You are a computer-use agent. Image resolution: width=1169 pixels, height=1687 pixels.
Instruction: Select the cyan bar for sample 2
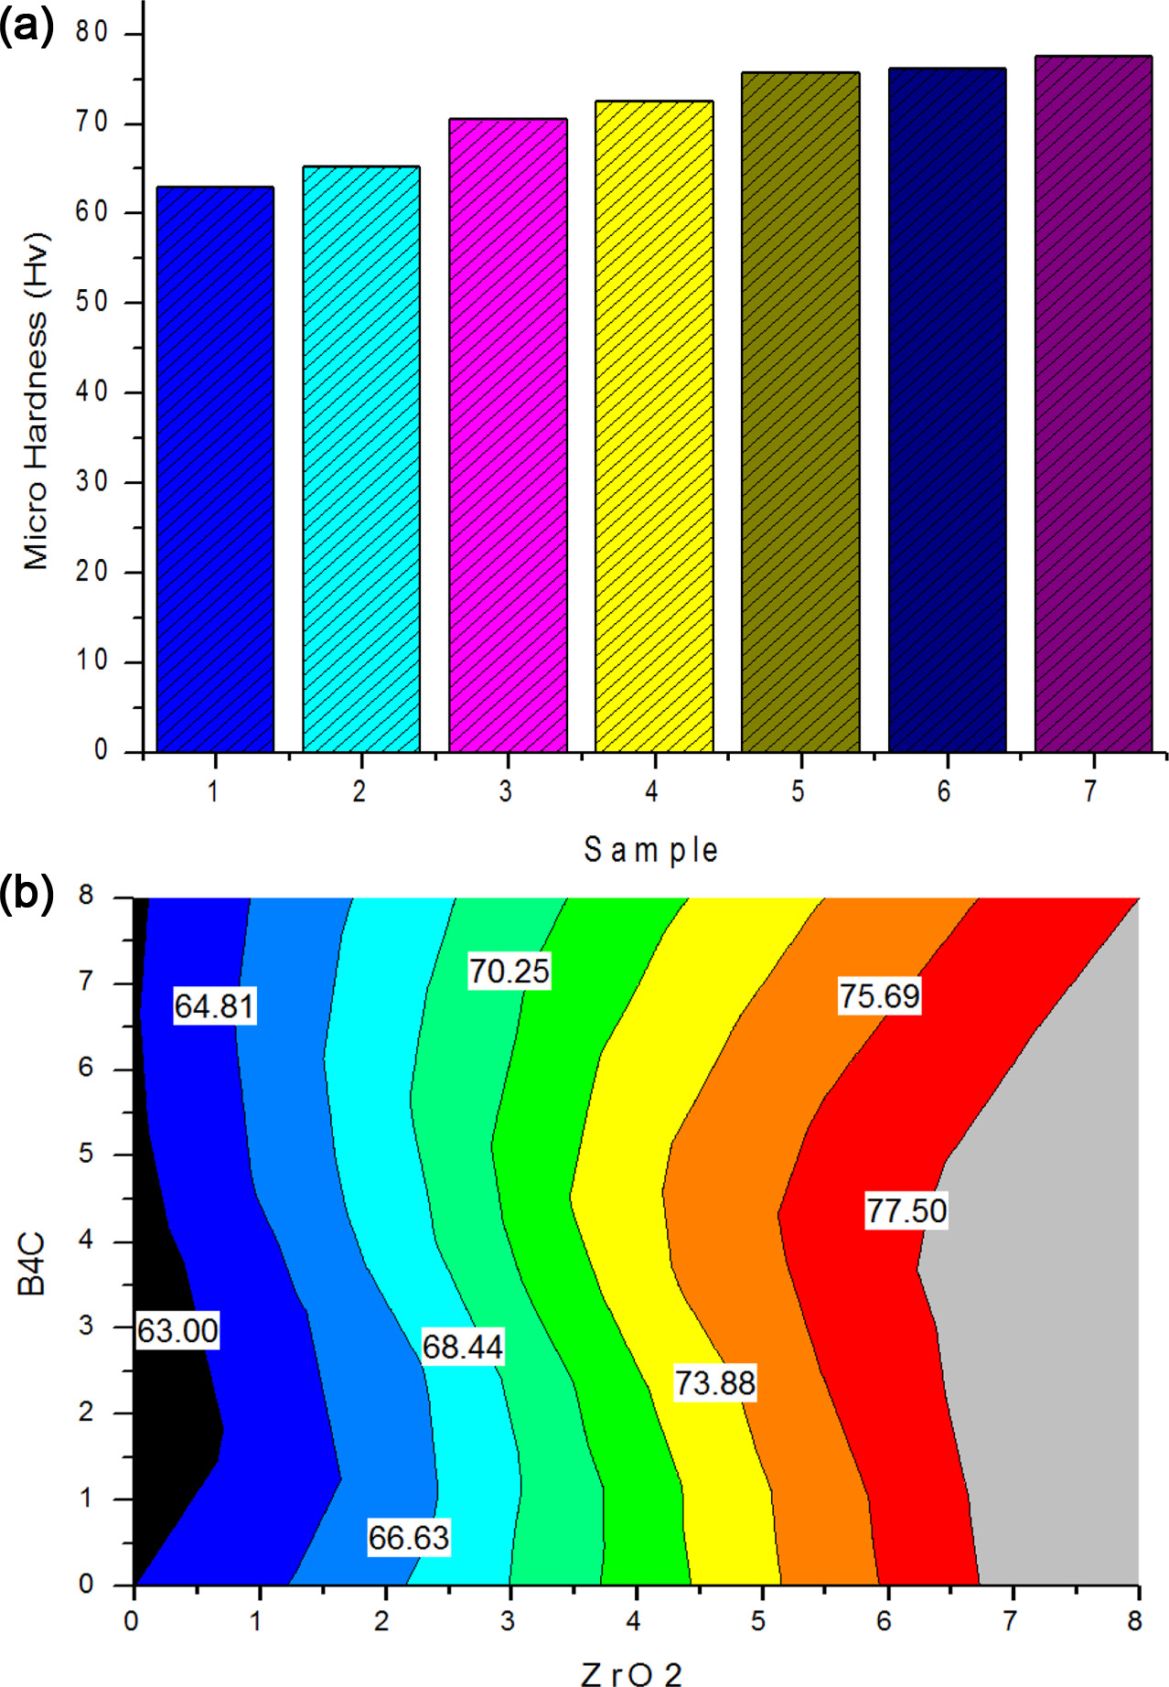pos(361,459)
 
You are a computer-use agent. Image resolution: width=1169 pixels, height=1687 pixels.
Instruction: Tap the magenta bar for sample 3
pos(508,435)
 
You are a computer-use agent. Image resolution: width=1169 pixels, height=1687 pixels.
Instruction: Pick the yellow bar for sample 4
pos(654,426)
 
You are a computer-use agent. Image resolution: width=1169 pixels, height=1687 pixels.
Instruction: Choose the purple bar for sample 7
pos(1093,403)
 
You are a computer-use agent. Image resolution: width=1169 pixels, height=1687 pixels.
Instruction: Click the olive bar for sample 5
pos(800,412)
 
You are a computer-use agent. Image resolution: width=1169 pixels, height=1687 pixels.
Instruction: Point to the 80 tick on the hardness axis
pos(92,33)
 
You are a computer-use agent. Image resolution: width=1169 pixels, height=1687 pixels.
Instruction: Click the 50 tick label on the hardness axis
pos(92,302)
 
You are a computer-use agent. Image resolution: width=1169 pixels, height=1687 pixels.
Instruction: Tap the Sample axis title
pos(650,850)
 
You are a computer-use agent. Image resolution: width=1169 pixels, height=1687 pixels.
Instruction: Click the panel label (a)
pos(27,27)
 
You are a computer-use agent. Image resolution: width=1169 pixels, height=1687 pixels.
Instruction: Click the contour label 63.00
pos(177,1330)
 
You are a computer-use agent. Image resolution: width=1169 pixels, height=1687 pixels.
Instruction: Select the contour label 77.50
pos(906,1210)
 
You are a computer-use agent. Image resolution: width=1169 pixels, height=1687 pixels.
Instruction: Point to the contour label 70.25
pos(509,971)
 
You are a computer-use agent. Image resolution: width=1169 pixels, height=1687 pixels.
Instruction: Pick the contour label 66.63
pos(408,1538)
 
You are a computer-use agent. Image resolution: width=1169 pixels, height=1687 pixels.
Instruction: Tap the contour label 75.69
pos(879,995)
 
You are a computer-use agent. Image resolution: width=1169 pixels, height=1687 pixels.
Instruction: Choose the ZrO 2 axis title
pos(631,1673)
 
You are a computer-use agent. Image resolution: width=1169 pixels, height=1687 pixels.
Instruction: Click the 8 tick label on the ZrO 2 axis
pos(1134,1621)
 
